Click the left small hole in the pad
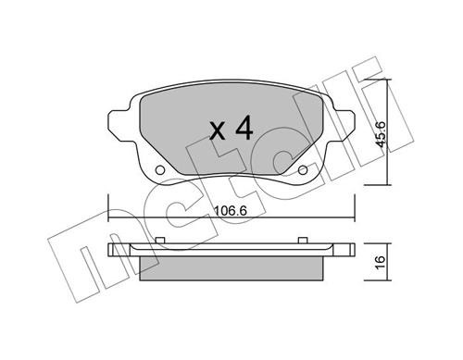click(x=159, y=171)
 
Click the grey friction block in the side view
click(x=231, y=265)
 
